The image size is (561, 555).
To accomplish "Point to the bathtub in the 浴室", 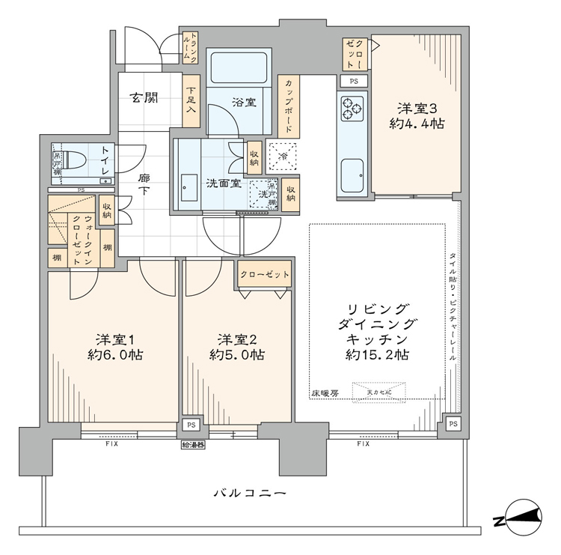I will (x=237, y=70).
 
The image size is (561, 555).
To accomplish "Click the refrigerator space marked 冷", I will (x=283, y=157).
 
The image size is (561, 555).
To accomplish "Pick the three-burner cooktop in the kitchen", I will (x=350, y=110).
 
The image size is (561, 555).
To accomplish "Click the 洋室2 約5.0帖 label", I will (x=235, y=345).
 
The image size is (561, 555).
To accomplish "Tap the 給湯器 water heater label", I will (x=192, y=445).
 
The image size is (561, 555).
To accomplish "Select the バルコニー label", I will (x=250, y=493).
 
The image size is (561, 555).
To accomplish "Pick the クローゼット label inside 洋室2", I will (x=265, y=275).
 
